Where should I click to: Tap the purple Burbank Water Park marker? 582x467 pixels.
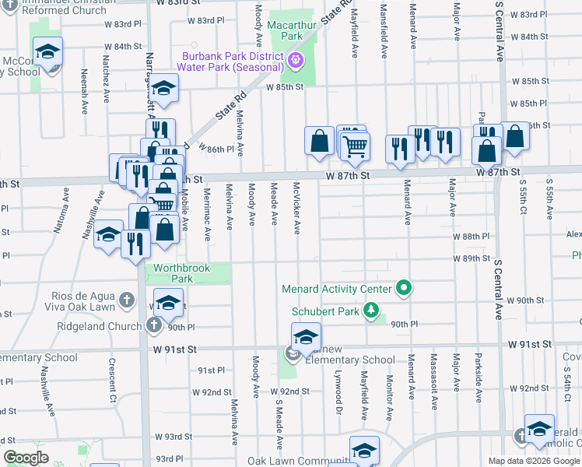pos(296,60)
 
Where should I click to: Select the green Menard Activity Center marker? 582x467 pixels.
pos(403,289)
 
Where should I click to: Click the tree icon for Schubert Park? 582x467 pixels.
pos(372,311)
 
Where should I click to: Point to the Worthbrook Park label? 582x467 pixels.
pos(181,272)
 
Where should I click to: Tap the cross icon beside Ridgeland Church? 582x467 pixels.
pos(154,323)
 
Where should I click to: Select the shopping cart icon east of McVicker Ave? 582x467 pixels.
pos(355,145)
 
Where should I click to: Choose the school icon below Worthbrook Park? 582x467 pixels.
pos(168,302)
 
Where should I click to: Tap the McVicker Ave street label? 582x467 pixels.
pos(296,207)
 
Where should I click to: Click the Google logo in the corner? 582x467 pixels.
pos(26,458)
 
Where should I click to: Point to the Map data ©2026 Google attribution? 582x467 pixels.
pos(534,461)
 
